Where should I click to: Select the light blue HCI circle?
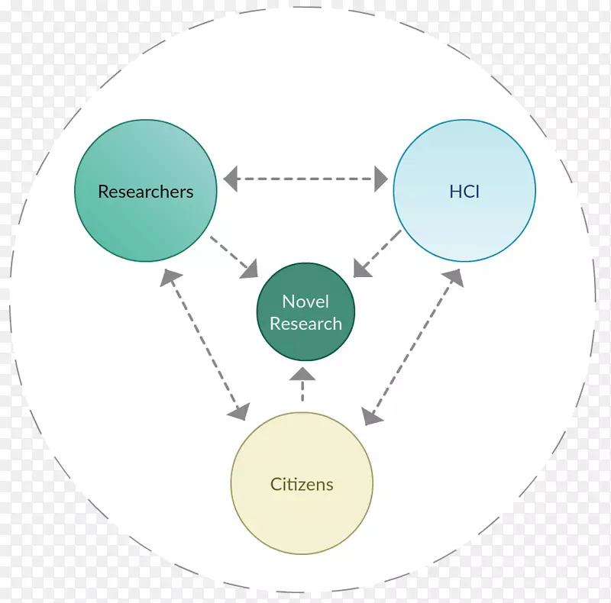464,221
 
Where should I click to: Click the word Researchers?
145,192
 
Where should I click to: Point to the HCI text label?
464,192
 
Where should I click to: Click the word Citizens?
302,484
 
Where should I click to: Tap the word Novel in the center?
305,301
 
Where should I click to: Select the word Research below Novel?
305,324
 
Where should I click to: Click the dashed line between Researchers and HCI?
305,181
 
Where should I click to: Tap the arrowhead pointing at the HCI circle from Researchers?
380,181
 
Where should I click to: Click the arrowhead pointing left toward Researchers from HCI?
231,181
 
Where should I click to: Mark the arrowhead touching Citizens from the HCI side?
372,415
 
